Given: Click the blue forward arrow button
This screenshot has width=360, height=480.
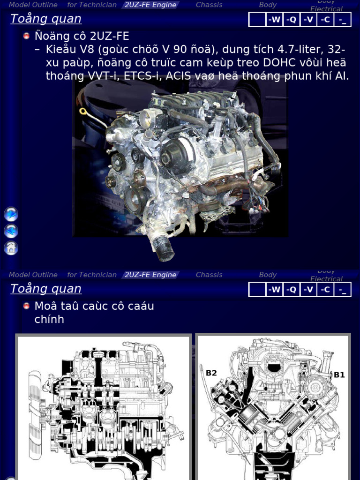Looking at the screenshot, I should (x=11, y=214).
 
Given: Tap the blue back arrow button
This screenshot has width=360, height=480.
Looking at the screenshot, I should (x=11, y=231).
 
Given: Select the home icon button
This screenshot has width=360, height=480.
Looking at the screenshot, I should (x=11, y=248).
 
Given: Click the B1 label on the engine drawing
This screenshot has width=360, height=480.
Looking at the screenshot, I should (x=339, y=375).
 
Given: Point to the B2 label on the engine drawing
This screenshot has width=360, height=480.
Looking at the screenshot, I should (x=211, y=373).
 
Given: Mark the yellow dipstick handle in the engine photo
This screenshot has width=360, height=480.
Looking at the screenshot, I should (x=83, y=112).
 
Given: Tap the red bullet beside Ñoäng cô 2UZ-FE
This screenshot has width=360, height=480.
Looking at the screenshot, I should (x=26, y=36).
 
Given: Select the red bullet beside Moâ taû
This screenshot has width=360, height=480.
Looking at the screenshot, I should (x=26, y=306).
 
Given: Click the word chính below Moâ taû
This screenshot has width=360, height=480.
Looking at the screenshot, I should (x=49, y=319).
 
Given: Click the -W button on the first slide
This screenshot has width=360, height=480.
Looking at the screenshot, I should (x=274, y=20).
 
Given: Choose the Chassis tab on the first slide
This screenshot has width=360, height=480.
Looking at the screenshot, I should (x=209, y=5).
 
